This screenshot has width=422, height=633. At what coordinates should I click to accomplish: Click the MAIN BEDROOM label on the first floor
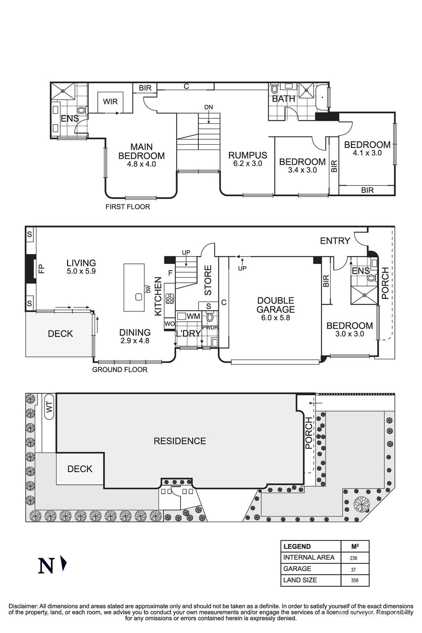tap(141, 152)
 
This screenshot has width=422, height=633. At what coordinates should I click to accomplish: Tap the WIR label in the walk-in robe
tap(110, 102)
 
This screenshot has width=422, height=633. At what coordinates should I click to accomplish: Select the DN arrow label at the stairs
tap(208, 107)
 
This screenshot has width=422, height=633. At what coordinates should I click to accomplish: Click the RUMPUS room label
tap(248, 155)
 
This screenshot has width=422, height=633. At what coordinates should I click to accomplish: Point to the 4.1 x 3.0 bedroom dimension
tap(367, 153)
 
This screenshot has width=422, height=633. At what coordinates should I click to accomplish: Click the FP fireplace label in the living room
tap(41, 269)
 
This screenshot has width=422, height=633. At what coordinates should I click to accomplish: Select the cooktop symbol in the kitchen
tap(170, 298)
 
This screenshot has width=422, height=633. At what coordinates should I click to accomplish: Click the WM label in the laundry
tap(193, 316)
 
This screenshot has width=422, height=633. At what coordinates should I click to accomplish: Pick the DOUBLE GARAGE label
tap(275, 305)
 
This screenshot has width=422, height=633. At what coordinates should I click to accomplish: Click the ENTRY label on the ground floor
tap(335, 241)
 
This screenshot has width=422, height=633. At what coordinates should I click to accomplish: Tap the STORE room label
tap(208, 280)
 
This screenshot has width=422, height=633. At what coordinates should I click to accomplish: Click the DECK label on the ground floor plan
tap(60, 334)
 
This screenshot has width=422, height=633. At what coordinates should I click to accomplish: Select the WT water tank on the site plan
tap(49, 406)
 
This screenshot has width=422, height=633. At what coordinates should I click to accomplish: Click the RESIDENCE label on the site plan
tap(180, 441)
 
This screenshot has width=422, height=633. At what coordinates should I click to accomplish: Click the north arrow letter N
tap(46, 566)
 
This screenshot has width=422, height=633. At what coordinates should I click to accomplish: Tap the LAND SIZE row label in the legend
tap(300, 580)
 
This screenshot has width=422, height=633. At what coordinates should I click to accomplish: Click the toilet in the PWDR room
tap(210, 317)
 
